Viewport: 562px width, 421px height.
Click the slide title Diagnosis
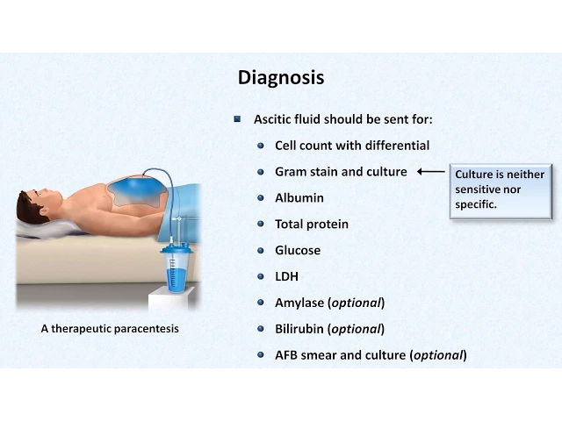(281, 78)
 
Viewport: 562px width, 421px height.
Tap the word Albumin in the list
(299, 198)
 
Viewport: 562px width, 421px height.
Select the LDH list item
(287, 276)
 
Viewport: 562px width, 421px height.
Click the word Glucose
(298, 250)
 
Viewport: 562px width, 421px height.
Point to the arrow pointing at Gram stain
(431, 172)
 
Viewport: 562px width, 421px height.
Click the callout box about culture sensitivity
(501, 191)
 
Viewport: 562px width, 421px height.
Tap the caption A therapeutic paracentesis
(110, 329)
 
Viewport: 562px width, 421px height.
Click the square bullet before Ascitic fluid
(237, 119)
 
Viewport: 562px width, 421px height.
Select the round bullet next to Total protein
(261, 225)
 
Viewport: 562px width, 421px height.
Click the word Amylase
(299, 303)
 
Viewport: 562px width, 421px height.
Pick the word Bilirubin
(299, 329)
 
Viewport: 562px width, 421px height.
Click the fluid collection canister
(177, 268)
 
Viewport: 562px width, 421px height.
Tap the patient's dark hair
(28, 208)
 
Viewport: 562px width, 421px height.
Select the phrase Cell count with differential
(352, 146)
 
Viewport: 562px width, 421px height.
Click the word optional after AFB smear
(438, 355)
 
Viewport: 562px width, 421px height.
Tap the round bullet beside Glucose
(261, 250)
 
